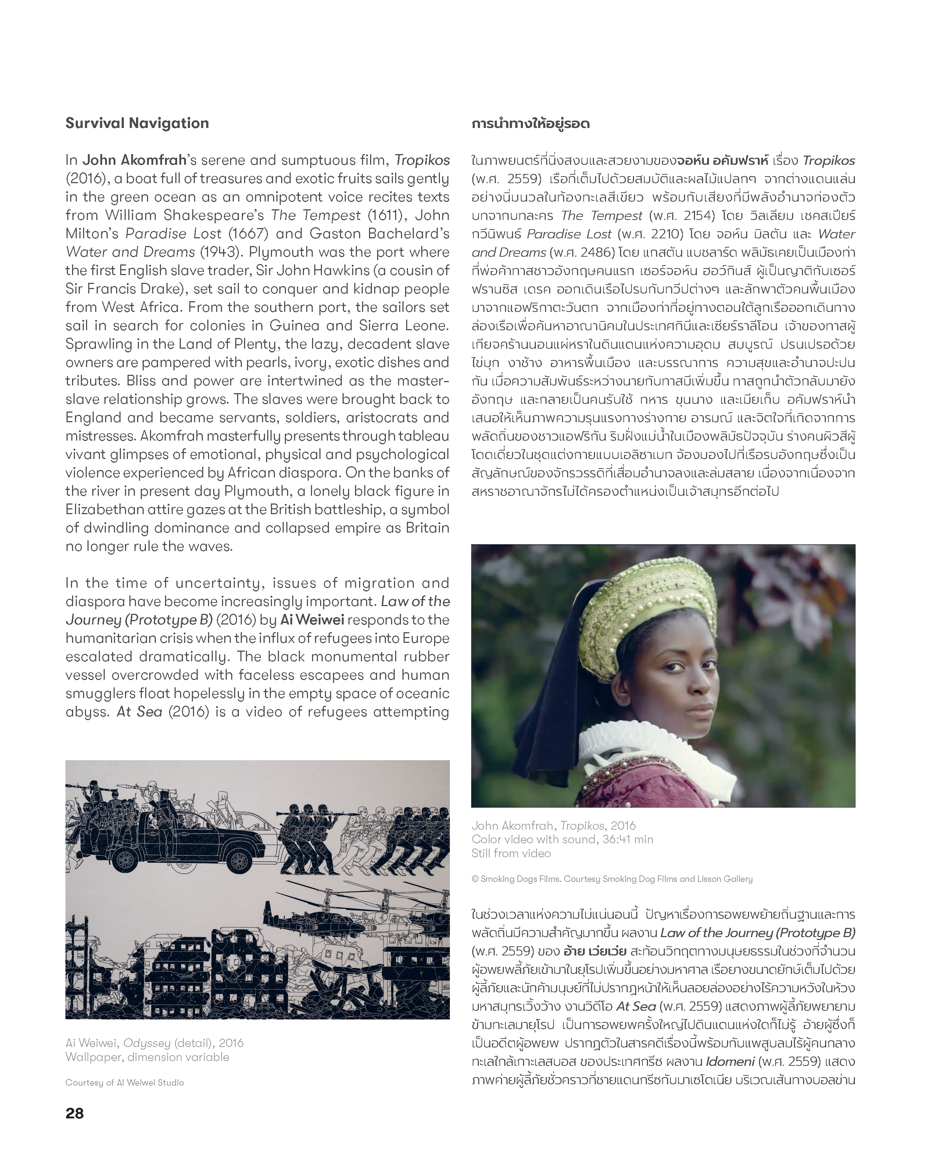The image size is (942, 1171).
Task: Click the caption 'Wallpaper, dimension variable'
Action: [x=147, y=1057]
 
